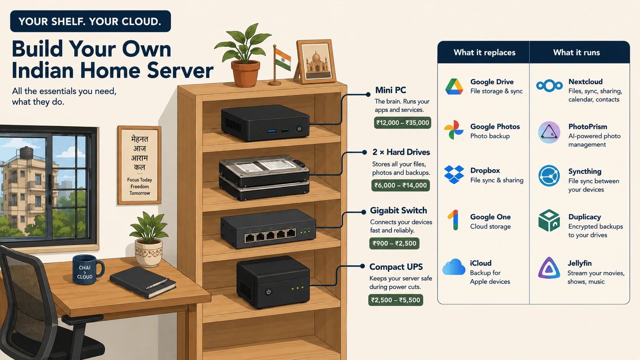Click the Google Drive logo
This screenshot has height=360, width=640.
tap(454, 86)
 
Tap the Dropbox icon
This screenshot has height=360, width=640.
tap(454, 174)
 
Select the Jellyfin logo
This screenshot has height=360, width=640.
tap(549, 268)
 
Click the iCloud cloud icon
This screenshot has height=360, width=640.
tap(454, 267)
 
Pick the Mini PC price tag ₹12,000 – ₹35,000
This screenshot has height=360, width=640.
tap(403, 123)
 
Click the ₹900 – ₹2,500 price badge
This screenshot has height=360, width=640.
tap(394, 243)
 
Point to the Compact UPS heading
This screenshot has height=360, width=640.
tap(396, 267)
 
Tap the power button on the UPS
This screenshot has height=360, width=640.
tap(268, 292)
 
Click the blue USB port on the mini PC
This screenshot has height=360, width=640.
tap(272, 131)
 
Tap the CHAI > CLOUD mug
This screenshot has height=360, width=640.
tap(88, 269)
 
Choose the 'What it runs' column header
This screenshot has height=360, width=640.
tap(576, 52)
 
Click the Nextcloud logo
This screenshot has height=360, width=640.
tap(549, 86)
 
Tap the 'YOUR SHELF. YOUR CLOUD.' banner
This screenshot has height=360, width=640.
tap(90, 21)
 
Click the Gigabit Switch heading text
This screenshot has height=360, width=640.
tap(398, 211)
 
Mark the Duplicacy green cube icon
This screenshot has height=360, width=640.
tap(549, 220)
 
